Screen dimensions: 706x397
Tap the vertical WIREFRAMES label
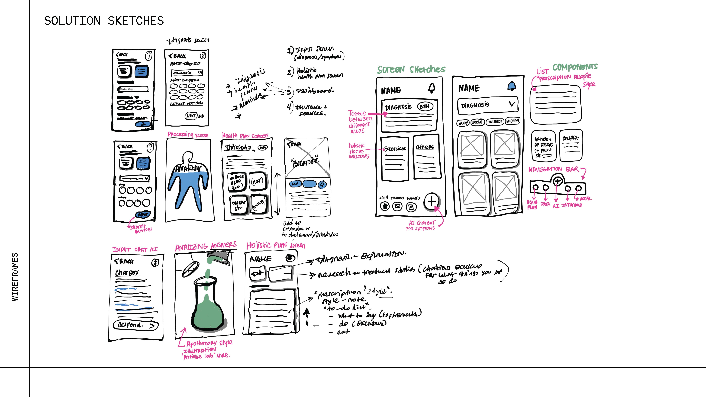click(15, 277)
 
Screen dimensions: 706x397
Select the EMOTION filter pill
click(513, 121)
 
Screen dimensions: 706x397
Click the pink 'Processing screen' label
click(188, 134)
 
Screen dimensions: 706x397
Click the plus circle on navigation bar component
click(558, 181)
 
